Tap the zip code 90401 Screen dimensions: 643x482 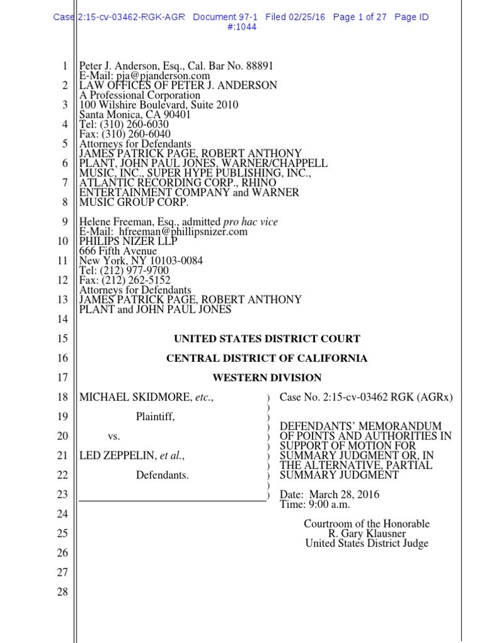tap(176, 115)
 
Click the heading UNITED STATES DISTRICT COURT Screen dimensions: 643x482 tap(267, 339)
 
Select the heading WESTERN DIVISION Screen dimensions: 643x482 tap(267, 378)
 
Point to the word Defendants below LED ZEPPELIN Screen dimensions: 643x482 tap(163, 475)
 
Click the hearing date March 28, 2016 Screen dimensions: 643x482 tap(343, 495)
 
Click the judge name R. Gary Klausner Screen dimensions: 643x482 tap(367, 534)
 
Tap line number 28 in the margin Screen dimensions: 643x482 tap(62, 592)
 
